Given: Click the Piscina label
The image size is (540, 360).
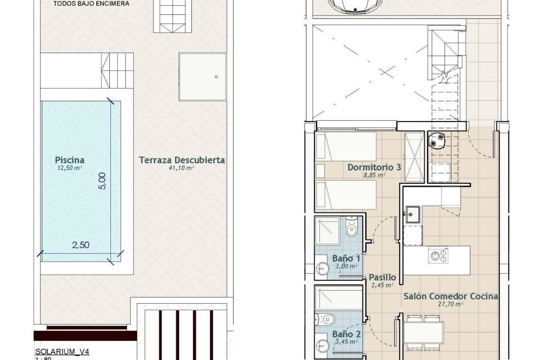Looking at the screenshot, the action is coord(70,160).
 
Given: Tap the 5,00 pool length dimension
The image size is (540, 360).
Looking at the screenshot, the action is coord(102,181).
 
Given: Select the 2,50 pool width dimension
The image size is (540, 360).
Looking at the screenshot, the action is coord(81,245).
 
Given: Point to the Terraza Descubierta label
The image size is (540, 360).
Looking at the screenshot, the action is coord(182,160).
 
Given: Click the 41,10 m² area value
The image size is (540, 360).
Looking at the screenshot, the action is coord(181,168).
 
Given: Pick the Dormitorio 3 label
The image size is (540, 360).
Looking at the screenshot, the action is coord(374,167).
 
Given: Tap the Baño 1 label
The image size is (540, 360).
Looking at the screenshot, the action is coord(346,258).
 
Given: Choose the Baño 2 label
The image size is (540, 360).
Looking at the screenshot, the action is coord(346,334).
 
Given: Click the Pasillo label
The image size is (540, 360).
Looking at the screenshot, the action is coord(382,278).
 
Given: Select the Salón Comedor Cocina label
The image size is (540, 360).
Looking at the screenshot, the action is coord(451,297).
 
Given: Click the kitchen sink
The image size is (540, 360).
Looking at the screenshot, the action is coord(413,214).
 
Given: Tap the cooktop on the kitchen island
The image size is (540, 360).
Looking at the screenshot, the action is coord(438,255).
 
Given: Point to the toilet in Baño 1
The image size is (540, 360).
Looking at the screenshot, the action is coord(352,227).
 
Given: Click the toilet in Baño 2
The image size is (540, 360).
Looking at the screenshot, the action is coord(325,320).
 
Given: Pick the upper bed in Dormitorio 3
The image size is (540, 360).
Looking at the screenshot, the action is coord(346,146).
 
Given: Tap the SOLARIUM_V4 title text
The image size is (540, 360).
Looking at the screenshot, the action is coord(62,352).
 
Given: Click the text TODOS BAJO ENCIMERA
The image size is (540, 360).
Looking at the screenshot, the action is coord(91,4).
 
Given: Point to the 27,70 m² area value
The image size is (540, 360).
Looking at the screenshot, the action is coord(450,304).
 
